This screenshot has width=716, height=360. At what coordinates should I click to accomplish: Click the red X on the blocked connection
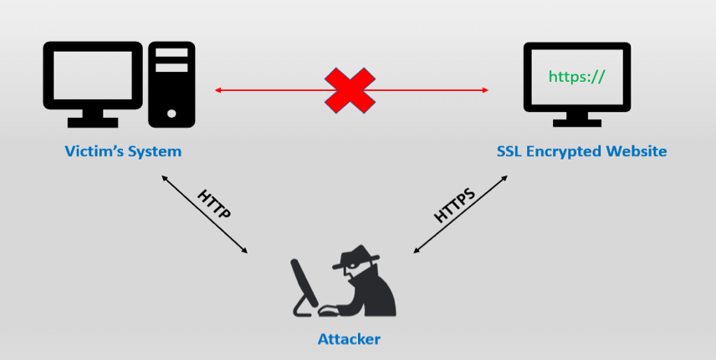tap(350, 90)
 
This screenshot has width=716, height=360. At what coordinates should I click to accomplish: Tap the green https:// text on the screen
tap(576, 77)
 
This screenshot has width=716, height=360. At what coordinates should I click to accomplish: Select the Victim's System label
tap(123, 151)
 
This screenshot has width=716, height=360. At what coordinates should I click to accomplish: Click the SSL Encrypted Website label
tap(582, 151)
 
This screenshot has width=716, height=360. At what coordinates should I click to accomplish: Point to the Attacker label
tap(350, 339)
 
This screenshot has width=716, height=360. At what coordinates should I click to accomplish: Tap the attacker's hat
tap(356, 256)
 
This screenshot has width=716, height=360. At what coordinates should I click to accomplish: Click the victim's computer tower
tap(171, 84)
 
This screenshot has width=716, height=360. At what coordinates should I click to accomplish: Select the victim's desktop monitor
tap(93, 75)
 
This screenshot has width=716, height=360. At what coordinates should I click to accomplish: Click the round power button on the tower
tap(171, 113)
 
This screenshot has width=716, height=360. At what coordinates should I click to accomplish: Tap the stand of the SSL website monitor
tap(576, 120)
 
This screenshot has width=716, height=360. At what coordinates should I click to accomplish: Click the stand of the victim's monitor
tap(93, 119)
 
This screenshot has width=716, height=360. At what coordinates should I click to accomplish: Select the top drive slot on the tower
tap(171, 53)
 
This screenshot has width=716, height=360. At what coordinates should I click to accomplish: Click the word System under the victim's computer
tap(155, 151)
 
